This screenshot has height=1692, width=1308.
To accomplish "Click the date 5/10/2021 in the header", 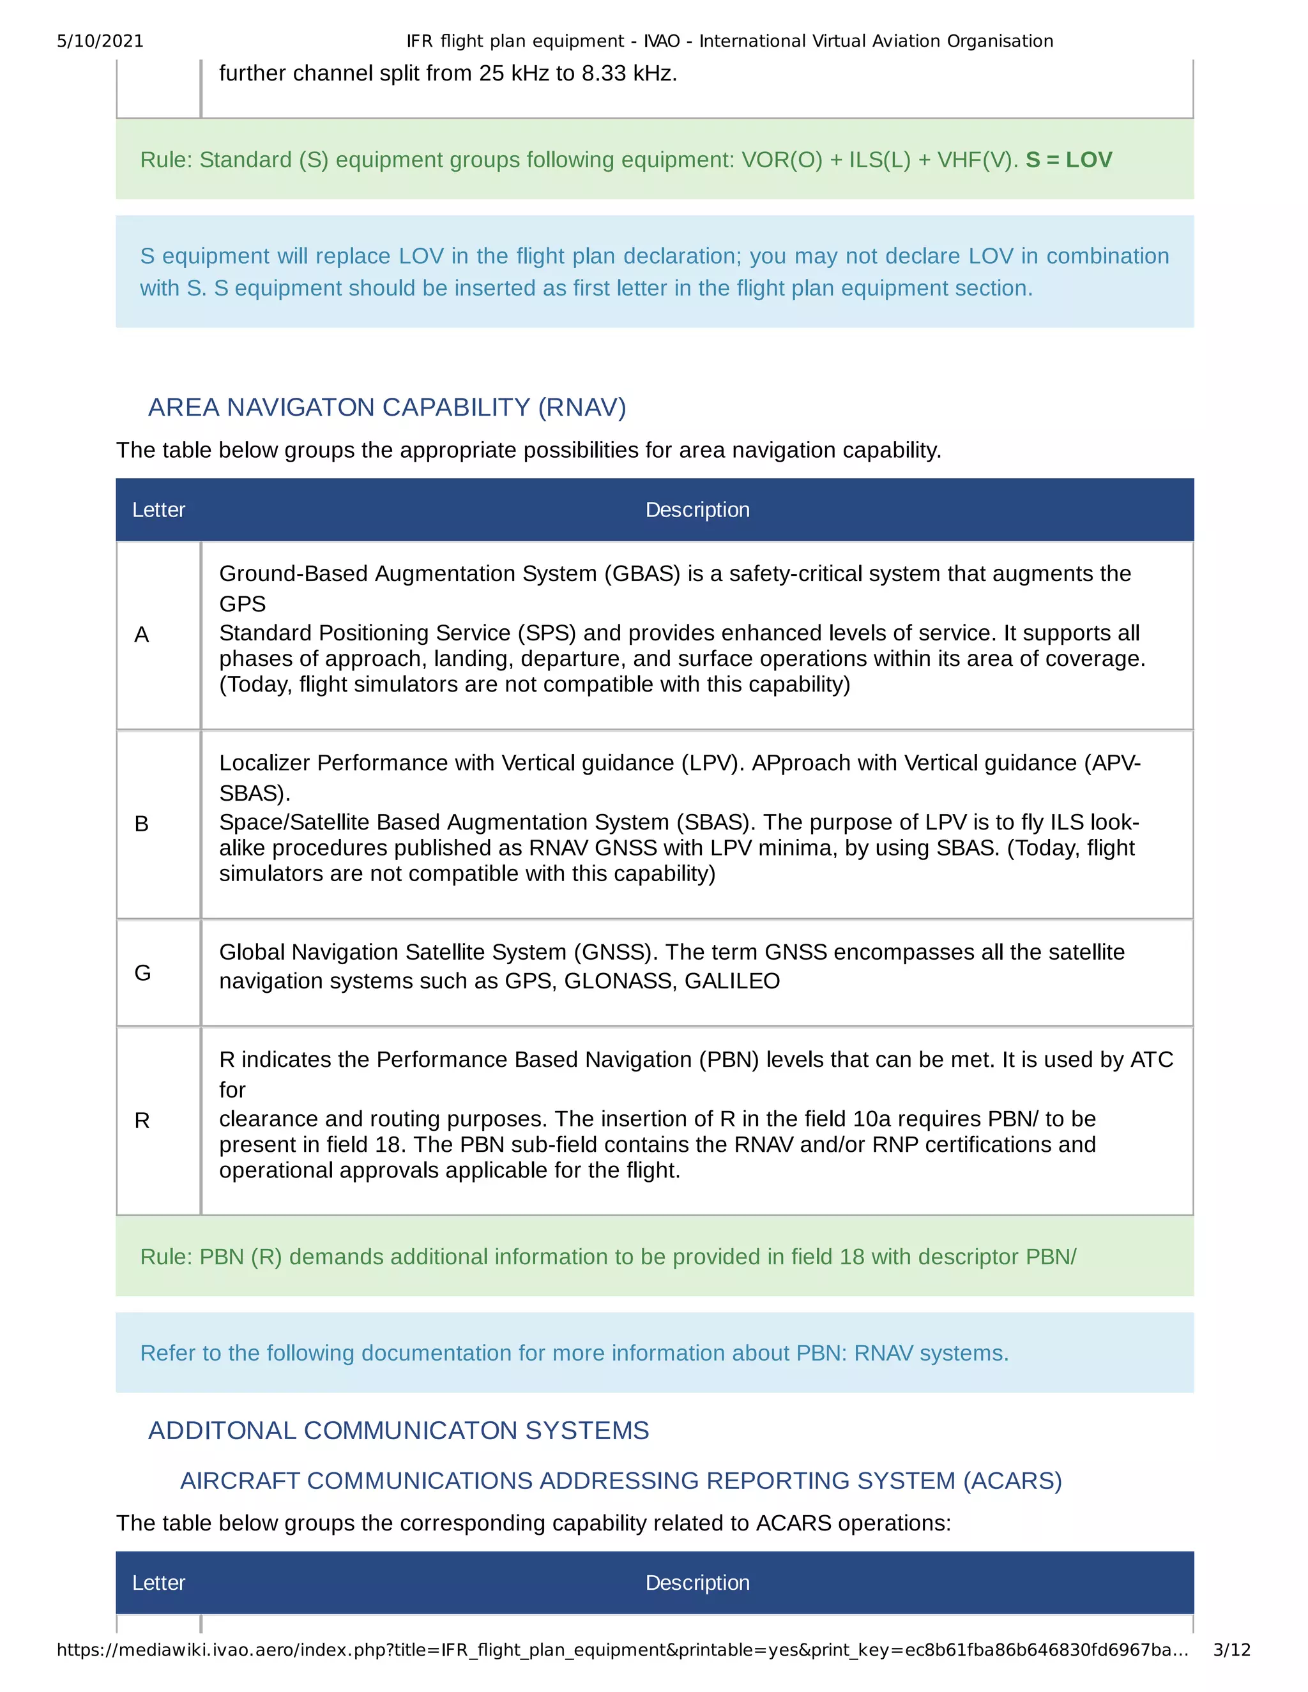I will [100, 41].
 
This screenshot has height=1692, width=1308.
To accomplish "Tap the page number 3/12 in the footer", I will [1231, 1649].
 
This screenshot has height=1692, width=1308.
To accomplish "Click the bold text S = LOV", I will [1068, 160].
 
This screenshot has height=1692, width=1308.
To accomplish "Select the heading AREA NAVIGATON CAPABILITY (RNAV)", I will [386, 407].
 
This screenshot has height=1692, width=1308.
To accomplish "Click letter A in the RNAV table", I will [142, 635].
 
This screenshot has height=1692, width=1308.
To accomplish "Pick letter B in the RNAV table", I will [142, 824].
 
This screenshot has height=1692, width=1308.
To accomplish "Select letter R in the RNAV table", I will [142, 1121].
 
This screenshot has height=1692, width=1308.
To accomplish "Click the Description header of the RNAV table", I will [697, 510].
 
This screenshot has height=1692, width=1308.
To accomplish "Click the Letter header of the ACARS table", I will [159, 1583].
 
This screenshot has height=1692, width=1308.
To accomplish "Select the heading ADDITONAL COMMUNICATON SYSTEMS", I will [399, 1430].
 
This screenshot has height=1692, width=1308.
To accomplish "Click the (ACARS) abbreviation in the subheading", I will [1012, 1481].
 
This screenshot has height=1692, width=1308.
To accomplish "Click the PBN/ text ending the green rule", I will [1051, 1257].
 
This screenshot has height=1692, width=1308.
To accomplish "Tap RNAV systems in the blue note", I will [931, 1353].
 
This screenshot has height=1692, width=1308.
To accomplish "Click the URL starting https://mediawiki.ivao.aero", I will [621, 1649].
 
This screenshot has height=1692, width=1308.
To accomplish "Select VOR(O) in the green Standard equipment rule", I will [782, 160].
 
